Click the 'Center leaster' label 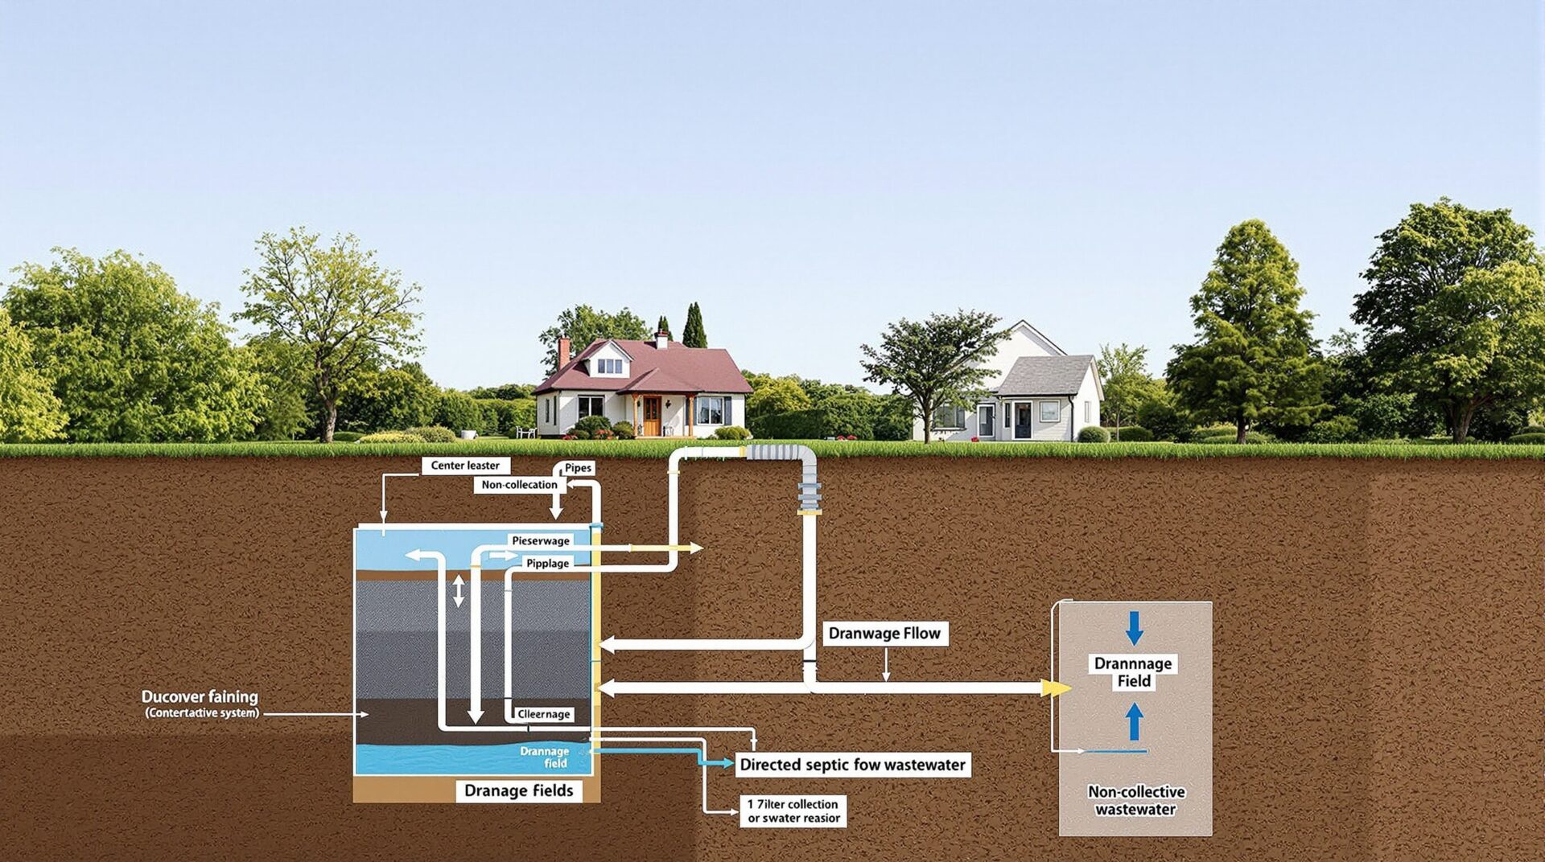point(465,466)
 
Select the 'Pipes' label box point(578,468)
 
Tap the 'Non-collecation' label point(519,485)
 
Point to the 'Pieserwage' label point(541,541)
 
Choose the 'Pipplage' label point(547,564)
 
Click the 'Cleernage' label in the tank point(543,714)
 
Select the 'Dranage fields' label point(518,791)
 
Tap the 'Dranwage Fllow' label point(884,634)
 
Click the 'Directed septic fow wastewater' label point(852,765)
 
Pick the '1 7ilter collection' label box point(793,811)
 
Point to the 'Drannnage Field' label point(1133,672)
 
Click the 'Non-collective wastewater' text point(1135,801)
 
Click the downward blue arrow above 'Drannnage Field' point(1134,627)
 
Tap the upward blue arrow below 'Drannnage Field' point(1134,721)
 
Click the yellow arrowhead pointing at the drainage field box point(1055,688)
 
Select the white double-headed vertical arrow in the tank point(458,591)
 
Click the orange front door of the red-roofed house point(651,416)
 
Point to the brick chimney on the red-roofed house point(564,351)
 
